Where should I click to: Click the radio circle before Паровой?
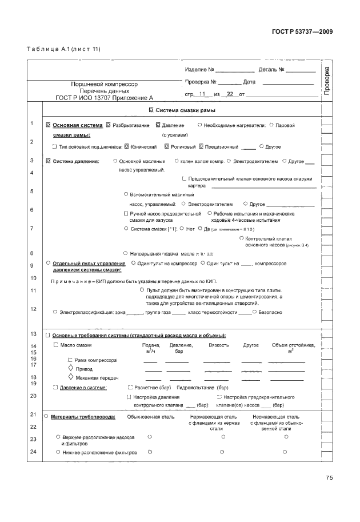271,125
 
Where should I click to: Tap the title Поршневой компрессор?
100,83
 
